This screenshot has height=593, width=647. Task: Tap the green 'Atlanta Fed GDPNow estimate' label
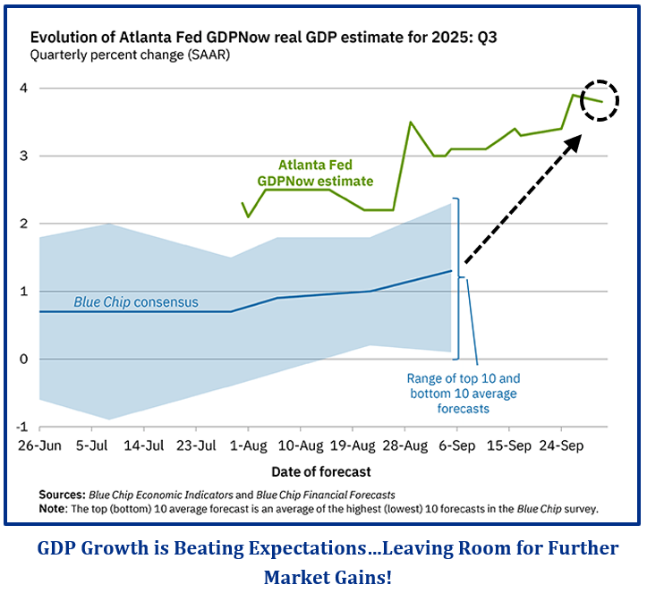(x=315, y=173)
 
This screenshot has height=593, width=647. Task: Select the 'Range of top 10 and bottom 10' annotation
(x=464, y=394)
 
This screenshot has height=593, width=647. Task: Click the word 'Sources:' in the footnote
(x=62, y=495)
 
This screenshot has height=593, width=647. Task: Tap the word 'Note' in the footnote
(x=53, y=508)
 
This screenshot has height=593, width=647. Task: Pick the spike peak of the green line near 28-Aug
(x=410, y=123)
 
